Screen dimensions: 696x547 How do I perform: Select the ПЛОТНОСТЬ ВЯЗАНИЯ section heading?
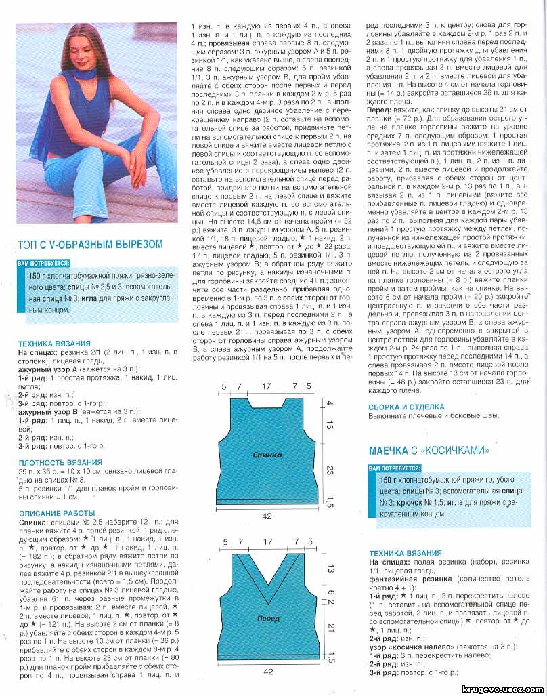pyautogui.click(x=60, y=462)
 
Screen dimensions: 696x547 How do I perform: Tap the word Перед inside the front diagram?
pyautogui.click(x=267, y=619)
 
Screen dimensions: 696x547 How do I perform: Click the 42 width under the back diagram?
pyautogui.click(x=267, y=516)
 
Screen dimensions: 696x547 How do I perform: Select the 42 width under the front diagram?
pyautogui.click(x=267, y=672)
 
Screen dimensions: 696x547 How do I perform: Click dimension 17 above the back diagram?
pyautogui.click(x=267, y=386)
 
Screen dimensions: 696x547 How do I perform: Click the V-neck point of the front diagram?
pyautogui.click(x=267, y=587)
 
